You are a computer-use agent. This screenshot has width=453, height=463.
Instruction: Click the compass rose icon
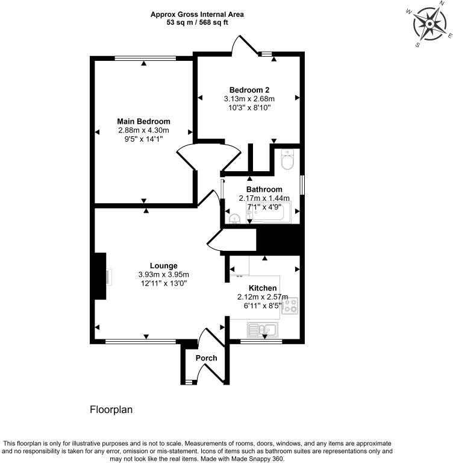coord(430,24)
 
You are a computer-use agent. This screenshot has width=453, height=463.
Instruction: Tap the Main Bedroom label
coord(143,121)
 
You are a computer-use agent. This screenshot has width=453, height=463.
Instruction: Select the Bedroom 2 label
coord(249,90)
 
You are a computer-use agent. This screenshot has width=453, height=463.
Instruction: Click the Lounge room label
coord(164,265)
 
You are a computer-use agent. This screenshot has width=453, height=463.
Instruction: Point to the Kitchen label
coord(263,288)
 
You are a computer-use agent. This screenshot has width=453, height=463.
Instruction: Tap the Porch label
coord(206,358)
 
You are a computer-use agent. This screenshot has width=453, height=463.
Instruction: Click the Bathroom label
coord(264,189)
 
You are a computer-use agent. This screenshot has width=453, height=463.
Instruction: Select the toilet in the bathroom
coord(287,160)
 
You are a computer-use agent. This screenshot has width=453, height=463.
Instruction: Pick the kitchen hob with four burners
coord(290,306)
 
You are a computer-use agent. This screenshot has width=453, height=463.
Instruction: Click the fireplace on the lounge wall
coord(100,276)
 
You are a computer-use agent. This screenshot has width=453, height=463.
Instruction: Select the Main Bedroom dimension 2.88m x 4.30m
coord(143,130)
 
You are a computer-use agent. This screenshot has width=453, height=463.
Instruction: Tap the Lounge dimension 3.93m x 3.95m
coord(164,274)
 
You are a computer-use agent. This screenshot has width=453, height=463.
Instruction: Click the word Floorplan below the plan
coord(111,409)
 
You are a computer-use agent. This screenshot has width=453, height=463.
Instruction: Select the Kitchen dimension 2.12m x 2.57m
coord(263,297)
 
